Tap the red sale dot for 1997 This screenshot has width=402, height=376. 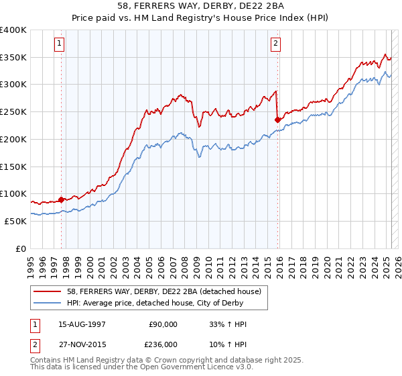(x=61, y=199)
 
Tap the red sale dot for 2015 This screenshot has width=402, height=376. (x=277, y=120)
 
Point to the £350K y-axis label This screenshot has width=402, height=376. (x=13, y=58)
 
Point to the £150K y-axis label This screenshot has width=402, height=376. (x=13, y=167)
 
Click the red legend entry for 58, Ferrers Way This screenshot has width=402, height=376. (x=153, y=291)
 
